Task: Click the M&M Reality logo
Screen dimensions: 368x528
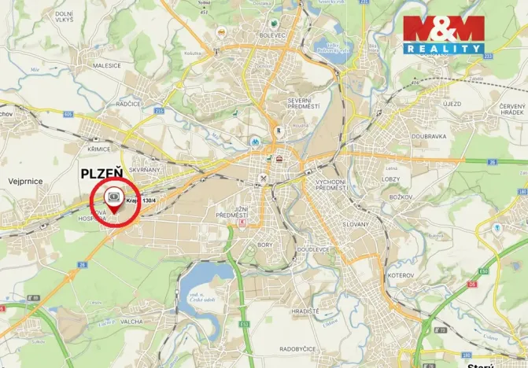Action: [x=443, y=35]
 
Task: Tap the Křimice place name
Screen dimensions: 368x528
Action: [x=99, y=148]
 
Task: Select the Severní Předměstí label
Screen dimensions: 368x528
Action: [x=303, y=104]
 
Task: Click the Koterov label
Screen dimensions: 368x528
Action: [x=400, y=275]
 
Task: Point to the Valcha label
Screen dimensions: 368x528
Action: [x=131, y=322]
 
